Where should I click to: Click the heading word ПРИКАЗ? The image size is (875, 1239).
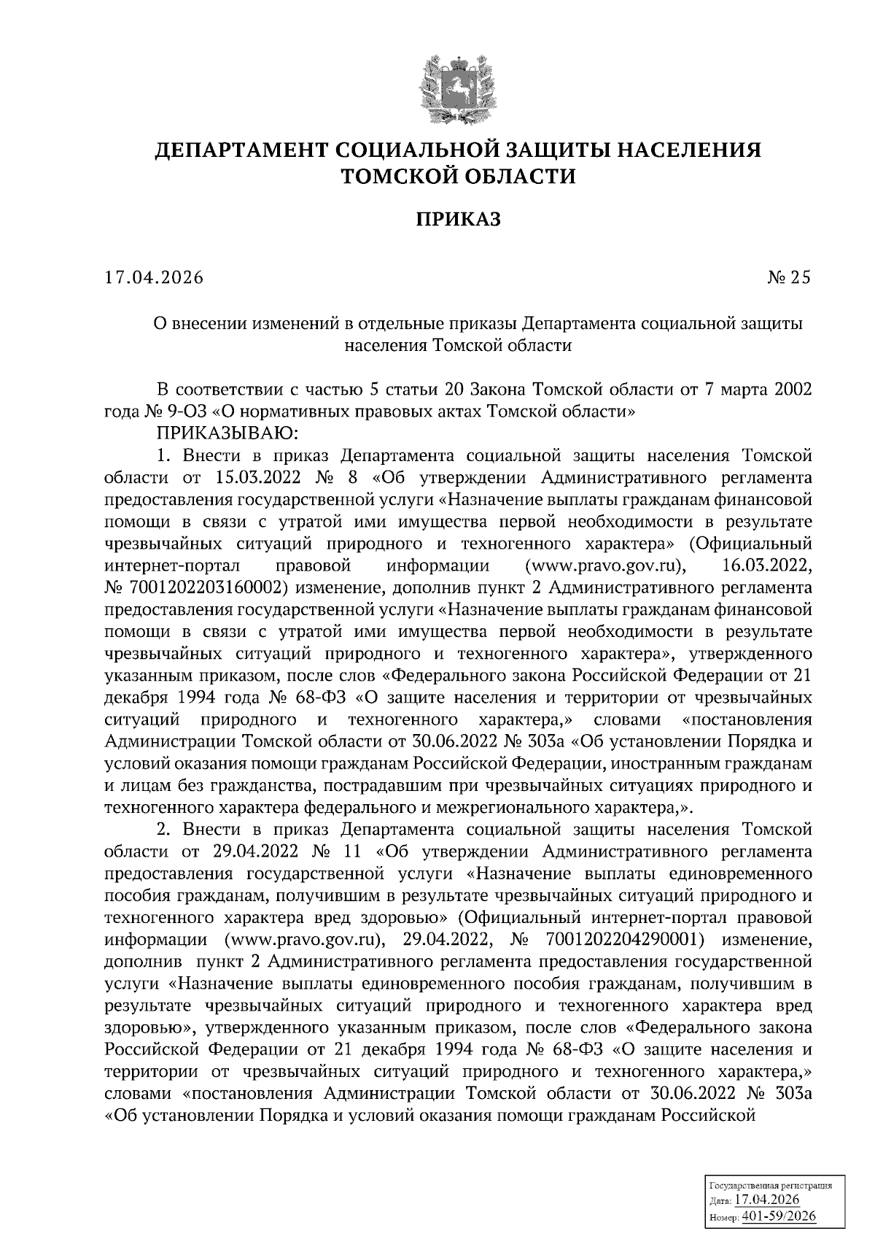[458, 219]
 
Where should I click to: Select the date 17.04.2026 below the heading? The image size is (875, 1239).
[155, 277]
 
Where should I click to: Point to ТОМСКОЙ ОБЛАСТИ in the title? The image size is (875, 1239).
[458, 176]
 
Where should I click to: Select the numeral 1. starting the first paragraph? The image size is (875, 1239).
[163, 457]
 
